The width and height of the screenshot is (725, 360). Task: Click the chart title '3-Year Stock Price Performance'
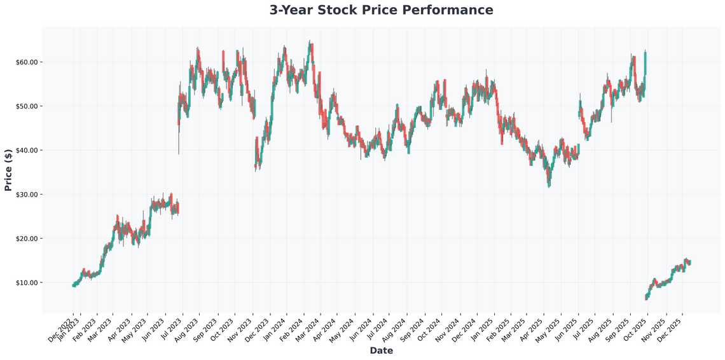tap(381, 10)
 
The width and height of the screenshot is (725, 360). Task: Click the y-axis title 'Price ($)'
tap(8, 169)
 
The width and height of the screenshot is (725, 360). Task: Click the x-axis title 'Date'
tap(381, 350)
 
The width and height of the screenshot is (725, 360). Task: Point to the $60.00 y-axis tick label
tap(26, 62)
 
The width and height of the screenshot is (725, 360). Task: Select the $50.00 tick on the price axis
tap(26, 106)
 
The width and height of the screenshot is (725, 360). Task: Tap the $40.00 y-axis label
tap(26, 150)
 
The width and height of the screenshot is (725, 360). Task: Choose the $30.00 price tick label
tap(26, 194)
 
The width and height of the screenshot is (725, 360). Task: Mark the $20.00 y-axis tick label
tap(26, 239)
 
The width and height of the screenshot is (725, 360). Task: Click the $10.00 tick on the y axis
tap(26, 282)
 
